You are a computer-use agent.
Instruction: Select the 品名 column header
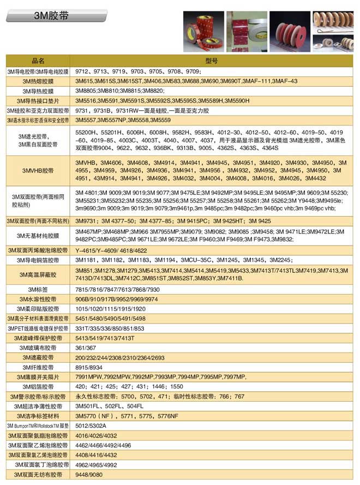pyautogui.click(x=38, y=61)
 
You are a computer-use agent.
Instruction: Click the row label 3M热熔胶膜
pyautogui.click(x=38, y=81)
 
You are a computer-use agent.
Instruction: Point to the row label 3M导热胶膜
pyautogui.click(x=38, y=91)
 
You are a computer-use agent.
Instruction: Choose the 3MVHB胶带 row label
pyautogui.click(x=38, y=171)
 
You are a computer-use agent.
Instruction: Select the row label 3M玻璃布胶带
pyautogui.click(x=38, y=348)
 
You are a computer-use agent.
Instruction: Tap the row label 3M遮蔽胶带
pyautogui.click(x=38, y=357)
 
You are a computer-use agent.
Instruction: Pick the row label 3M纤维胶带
pyautogui.click(x=38, y=367)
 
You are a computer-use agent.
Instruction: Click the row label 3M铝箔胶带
pyautogui.click(x=38, y=386)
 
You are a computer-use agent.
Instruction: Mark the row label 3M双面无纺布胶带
pyautogui.click(x=38, y=475)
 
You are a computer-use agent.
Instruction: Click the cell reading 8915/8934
pyautogui.click(x=89, y=367)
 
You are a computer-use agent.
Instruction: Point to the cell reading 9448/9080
pyautogui.click(x=89, y=475)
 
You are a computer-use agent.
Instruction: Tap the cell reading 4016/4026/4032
pyautogui.click(x=95, y=435)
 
